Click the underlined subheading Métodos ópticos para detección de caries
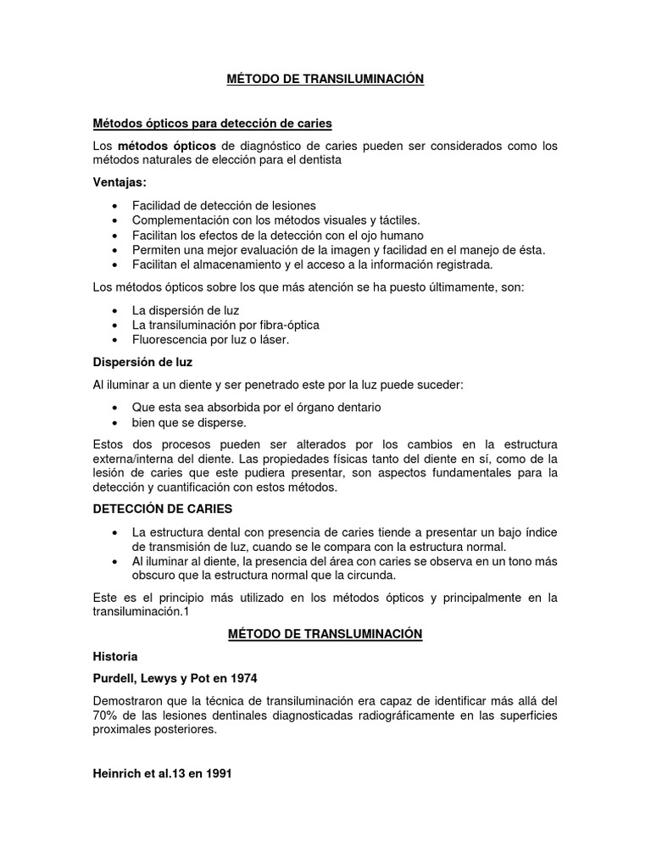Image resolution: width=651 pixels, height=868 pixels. tap(211, 124)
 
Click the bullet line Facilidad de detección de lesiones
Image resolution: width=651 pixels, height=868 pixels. tap(224, 206)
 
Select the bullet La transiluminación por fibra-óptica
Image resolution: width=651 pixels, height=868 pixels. tap(225, 325)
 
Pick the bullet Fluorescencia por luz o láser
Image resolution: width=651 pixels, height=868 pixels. tap(211, 339)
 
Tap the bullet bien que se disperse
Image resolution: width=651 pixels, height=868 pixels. tap(188, 421)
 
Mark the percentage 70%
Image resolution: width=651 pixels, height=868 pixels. tap(106, 715)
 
